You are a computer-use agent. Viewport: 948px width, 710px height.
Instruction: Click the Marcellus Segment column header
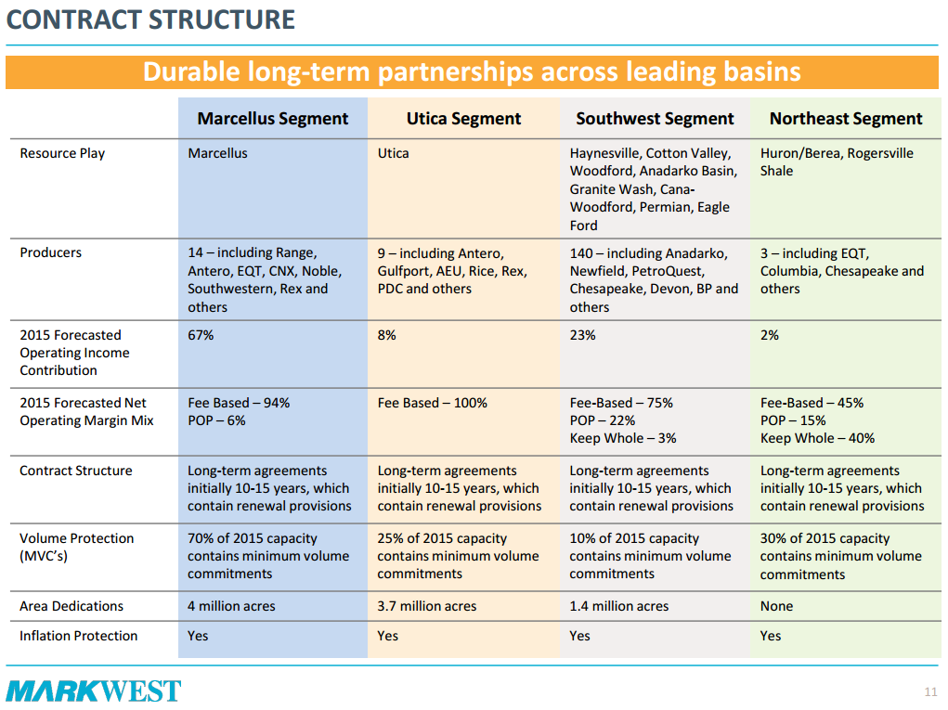[x=273, y=119]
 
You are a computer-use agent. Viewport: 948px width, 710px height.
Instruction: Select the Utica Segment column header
[x=463, y=119]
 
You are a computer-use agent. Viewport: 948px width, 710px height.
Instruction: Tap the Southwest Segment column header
[x=655, y=119]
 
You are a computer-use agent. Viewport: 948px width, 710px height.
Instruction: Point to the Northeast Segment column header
[x=846, y=119]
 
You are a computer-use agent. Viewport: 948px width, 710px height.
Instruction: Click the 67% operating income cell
[x=201, y=335]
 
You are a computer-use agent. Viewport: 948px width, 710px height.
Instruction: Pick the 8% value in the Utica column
[x=386, y=335]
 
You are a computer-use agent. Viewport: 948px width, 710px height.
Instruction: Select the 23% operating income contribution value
[x=582, y=335]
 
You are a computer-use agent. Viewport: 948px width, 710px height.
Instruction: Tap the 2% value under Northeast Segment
[x=770, y=335]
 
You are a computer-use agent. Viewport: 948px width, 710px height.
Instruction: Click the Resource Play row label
[x=62, y=153]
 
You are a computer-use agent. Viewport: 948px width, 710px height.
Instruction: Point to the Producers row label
[x=51, y=252]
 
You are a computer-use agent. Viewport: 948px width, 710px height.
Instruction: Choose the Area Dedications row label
[x=71, y=606]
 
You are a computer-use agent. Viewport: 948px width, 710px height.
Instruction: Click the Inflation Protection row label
[x=79, y=636]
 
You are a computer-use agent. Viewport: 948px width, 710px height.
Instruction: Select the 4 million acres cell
[x=231, y=606]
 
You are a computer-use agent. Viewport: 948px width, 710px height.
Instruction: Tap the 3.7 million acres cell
[x=427, y=606]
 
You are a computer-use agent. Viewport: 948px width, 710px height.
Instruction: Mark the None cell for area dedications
[x=776, y=606]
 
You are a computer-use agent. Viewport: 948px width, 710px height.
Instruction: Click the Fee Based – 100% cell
[x=432, y=403]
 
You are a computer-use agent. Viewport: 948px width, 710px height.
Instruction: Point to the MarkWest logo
[x=94, y=691]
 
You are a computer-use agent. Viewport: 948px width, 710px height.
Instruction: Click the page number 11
[x=930, y=691]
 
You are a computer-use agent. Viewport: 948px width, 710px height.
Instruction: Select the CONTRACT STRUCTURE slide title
[x=150, y=19]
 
